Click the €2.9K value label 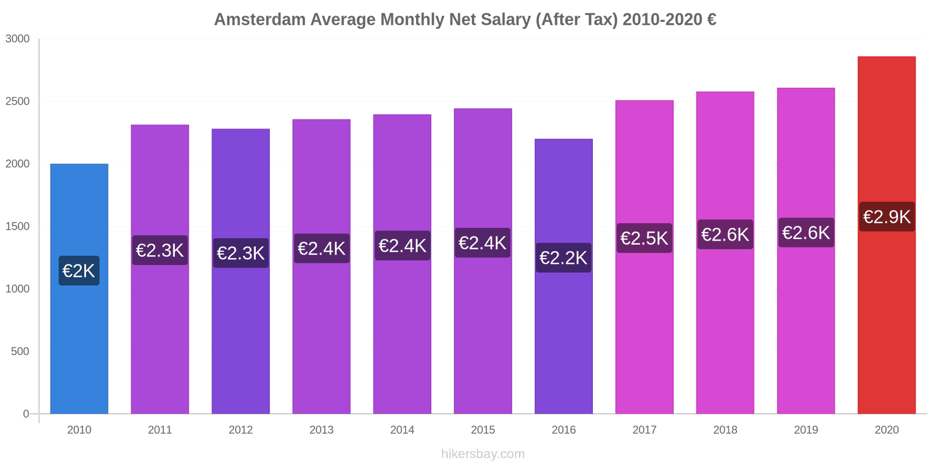886,217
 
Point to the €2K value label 79,271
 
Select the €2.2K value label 563,258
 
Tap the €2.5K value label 644,238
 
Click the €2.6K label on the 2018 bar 725,235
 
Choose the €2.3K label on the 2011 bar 160,251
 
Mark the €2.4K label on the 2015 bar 482,243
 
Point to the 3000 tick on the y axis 17,39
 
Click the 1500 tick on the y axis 17,227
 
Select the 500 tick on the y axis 20,352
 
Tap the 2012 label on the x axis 241,430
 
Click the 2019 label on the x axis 806,430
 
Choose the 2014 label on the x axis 402,430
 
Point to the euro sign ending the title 711,20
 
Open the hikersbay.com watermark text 482,454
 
